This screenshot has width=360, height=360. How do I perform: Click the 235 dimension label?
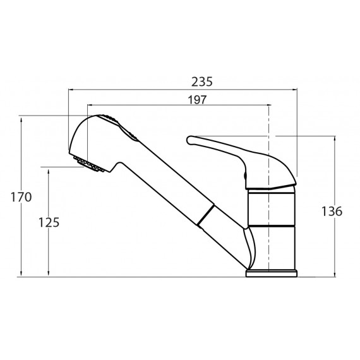click(202, 82)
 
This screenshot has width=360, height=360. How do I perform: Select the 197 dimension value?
click(197, 100)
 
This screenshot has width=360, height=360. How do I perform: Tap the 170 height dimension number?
click(21, 197)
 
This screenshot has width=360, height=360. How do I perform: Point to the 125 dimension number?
click(49, 222)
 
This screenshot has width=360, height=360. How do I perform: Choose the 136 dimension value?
click(332, 212)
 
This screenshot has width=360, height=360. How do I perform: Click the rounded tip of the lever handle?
click(189, 140)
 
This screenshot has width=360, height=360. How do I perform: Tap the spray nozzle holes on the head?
click(89, 164)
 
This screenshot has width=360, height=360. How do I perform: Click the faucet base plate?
click(272, 273)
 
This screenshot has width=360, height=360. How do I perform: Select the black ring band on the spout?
click(205, 215)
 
